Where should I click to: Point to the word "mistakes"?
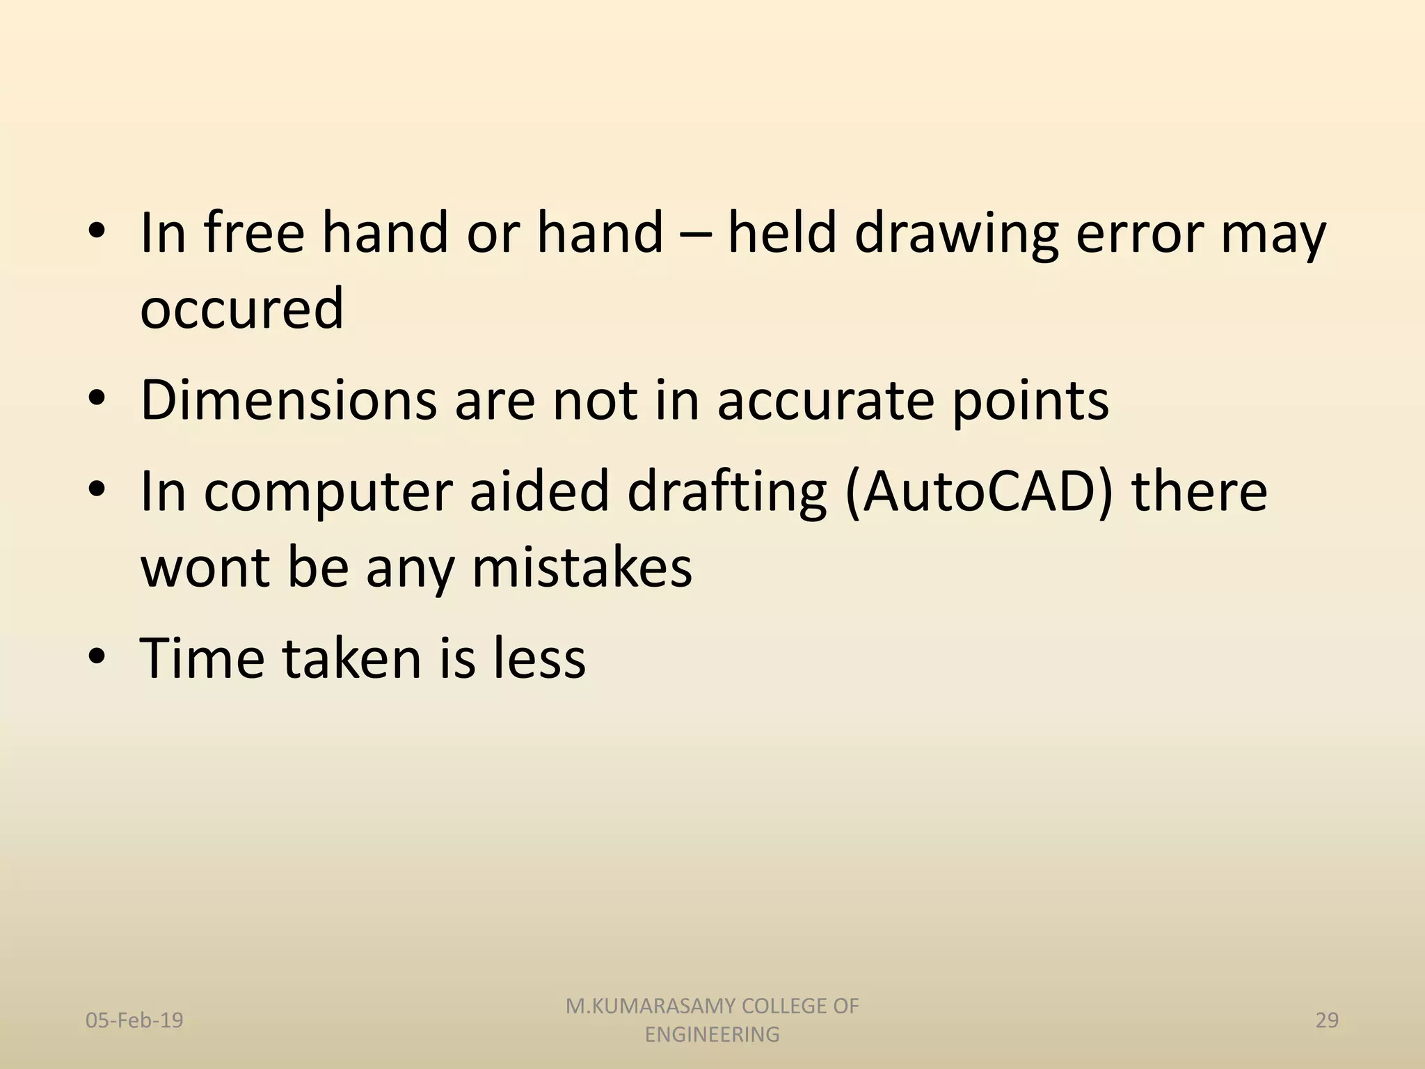pyautogui.click(x=582, y=567)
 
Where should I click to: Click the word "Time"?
pyautogui.click(x=202, y=658)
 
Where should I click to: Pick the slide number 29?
pyautogui.click(x=1327, y=1020)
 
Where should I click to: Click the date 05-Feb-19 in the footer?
pyautogui.click(x=134, y=1020)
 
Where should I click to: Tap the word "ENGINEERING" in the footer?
pyautogui.click(x=712, y=1035)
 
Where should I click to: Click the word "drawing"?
pyautogui.click(x=955, y=235)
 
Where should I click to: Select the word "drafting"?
pyautogui.click(x=726, y=492)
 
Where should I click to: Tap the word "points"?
pyautogui.click(x=1030, y=402)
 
